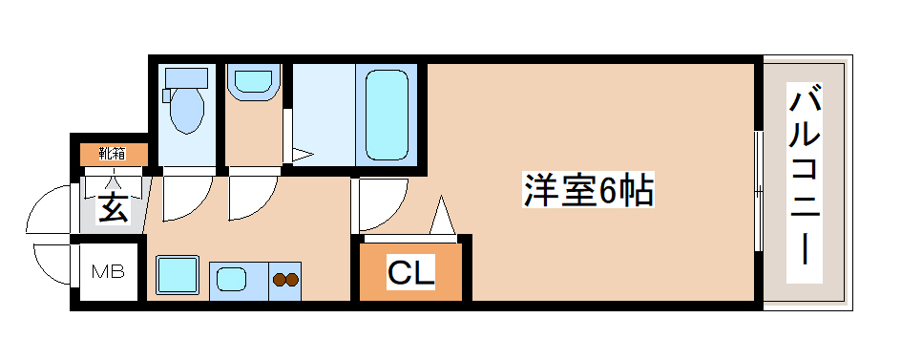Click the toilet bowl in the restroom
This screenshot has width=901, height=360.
click(186, 110)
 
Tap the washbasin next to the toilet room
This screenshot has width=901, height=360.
click(252, 80)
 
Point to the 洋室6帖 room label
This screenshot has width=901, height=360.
click(587, 191)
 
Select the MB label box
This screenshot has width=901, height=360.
click(108, 273)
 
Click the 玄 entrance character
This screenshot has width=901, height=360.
click(113, 207)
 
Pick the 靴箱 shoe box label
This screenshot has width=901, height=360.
click(113, 153)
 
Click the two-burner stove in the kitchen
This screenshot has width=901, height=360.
click(285, 280)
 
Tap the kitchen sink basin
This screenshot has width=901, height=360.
click(234, 280)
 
